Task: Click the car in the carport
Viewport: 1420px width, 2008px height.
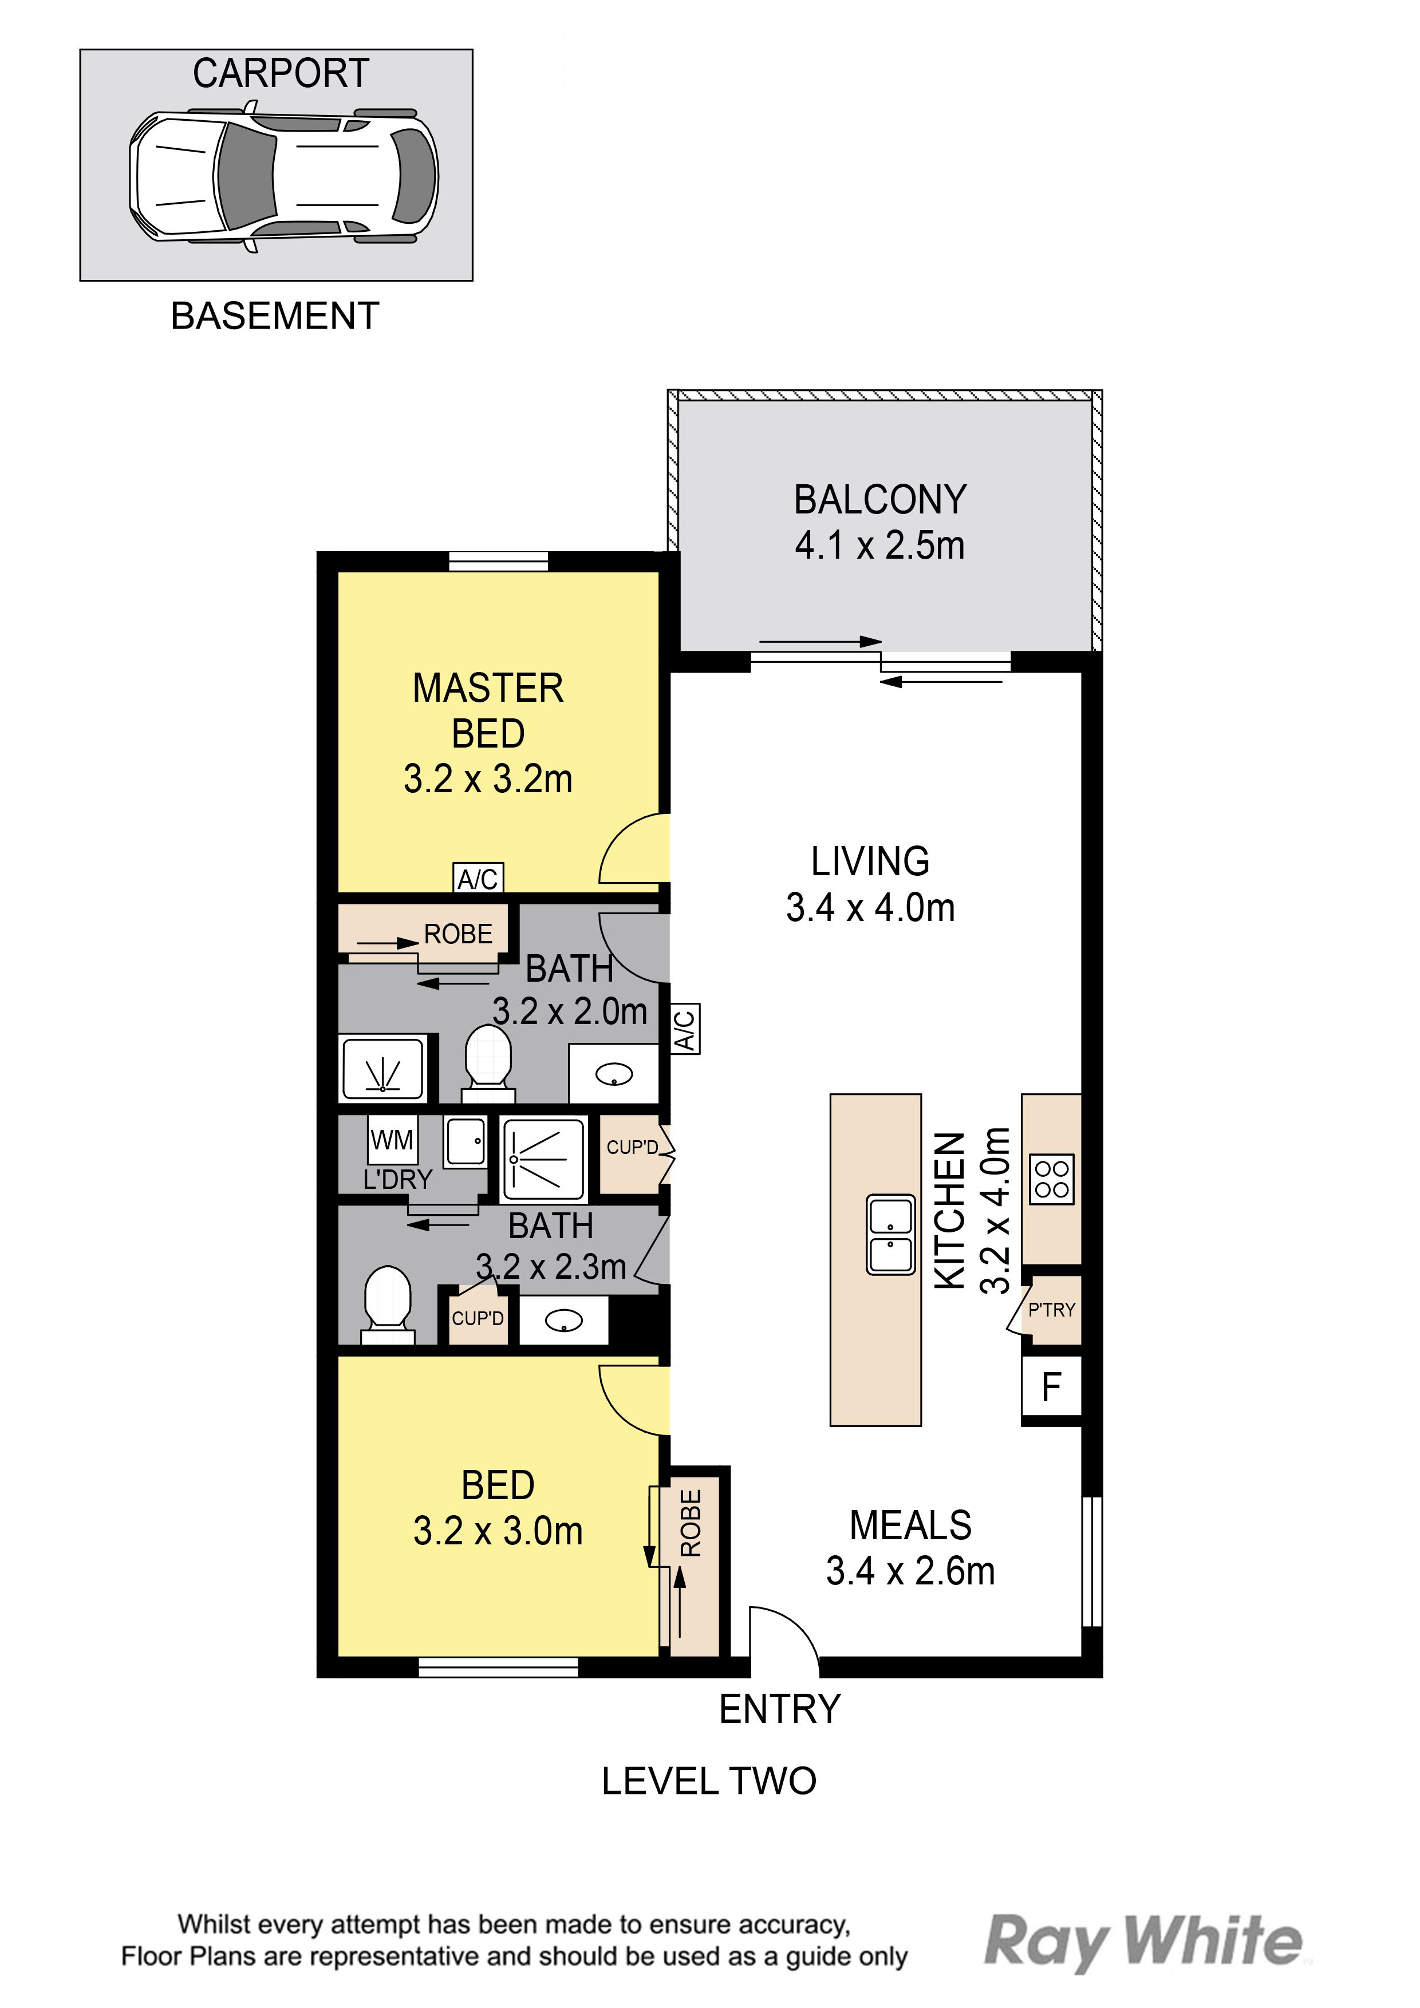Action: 285,176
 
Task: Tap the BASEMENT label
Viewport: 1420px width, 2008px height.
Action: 275,316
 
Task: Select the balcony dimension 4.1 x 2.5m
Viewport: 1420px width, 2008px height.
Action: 879,546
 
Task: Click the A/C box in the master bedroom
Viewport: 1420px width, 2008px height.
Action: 478,877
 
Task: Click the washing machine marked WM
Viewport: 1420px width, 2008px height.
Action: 392,1140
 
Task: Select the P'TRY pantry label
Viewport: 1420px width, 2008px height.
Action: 1052,1310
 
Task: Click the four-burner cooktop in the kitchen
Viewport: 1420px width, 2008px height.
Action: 1052,1180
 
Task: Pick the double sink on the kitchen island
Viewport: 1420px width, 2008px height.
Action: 891,1234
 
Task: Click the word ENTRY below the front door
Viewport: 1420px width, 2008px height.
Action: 779,1709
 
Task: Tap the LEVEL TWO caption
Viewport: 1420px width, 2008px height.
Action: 709,1781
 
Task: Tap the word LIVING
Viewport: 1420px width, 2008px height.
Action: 870,861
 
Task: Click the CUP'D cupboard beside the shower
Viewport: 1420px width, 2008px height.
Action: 632,1148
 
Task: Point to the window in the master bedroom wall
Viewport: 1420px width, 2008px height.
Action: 499,562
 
